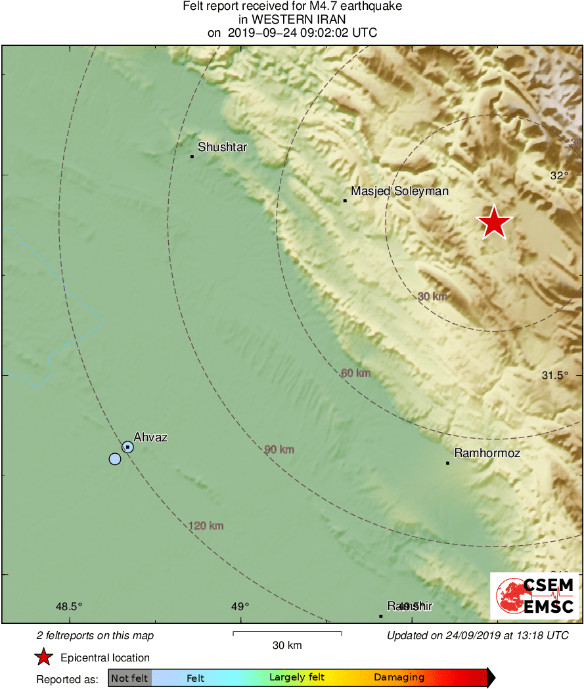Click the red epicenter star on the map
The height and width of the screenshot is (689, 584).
(494, 223)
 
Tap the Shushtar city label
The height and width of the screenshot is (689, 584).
(222, 147)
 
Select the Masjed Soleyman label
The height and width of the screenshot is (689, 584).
(399, 191)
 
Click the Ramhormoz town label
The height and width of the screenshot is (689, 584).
(487, 453)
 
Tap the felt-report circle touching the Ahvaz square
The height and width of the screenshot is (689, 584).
(127, 447)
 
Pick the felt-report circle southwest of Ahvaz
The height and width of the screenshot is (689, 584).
(115, 458)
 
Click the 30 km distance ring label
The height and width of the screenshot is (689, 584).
(432, 296)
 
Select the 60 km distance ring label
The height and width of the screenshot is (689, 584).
(356, 373)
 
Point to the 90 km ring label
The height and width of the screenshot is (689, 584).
(279, 449)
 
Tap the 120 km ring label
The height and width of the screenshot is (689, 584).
(206, 525)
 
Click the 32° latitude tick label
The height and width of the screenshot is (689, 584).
(560, 175)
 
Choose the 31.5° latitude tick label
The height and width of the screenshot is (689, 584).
(554, 375)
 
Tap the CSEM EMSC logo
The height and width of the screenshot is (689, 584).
(535, 596)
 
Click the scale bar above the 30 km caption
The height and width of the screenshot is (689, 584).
(287, 633)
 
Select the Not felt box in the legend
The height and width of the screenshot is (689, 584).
(129, 677)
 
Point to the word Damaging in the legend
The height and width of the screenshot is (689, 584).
(399, 677)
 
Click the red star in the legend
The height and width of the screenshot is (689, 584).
(43, 657)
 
